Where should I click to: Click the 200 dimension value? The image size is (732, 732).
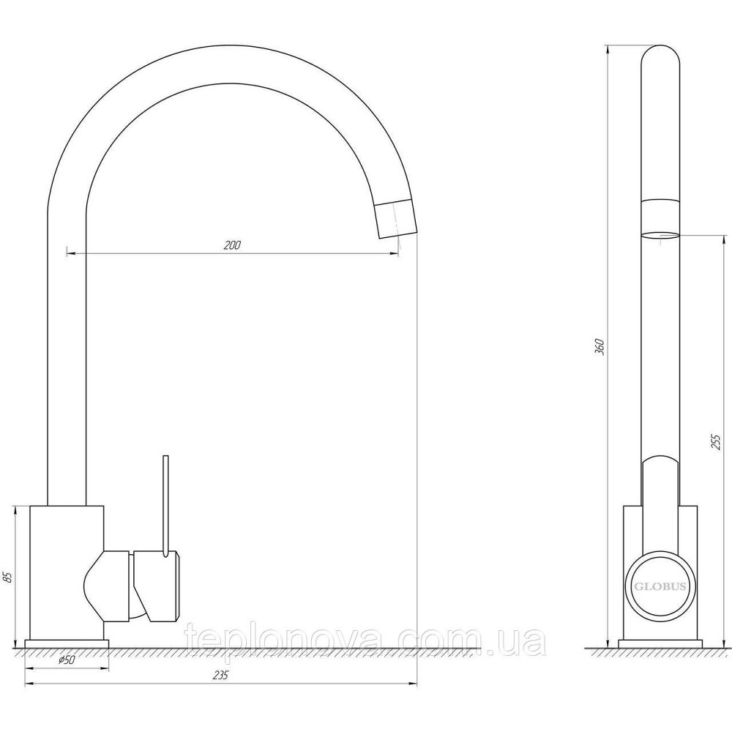232,245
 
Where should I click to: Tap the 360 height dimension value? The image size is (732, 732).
600,347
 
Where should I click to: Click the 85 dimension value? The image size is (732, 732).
7,577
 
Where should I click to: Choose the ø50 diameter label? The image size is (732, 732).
67,660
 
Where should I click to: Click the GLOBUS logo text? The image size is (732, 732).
660,586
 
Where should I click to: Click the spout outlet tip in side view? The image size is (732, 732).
660,235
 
